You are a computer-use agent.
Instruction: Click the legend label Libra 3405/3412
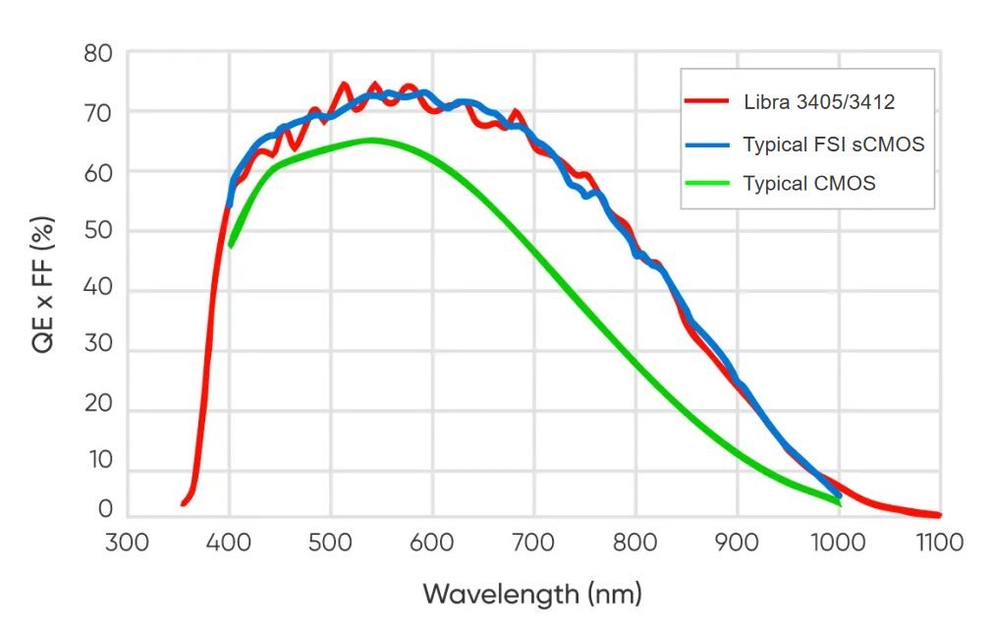tap(818, 102)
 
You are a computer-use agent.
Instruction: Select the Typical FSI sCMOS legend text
tap(833, 145)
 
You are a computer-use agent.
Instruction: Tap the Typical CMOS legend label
tap(808, 183)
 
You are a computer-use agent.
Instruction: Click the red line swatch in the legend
tap(707, 101)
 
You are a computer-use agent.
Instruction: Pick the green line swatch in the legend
tap(707, 183)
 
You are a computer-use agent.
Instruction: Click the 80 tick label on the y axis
tap(98, 53)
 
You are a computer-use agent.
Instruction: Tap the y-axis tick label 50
tap(98, 231)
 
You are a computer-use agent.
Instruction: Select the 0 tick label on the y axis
tap(105, 509)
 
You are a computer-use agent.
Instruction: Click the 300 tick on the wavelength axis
tap(127, 542)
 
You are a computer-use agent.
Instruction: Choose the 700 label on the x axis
tap(534, 542)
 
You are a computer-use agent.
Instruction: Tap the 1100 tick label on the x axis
tap(939, 542)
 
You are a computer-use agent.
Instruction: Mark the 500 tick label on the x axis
tap(330, 542)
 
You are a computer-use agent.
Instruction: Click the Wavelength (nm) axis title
tap(532, 594)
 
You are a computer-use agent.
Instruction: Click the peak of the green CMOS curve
tap(370, 140)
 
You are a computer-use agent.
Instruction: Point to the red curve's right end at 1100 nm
tap(939, 515)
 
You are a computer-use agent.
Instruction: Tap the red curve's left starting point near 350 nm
tap(184, 504)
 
